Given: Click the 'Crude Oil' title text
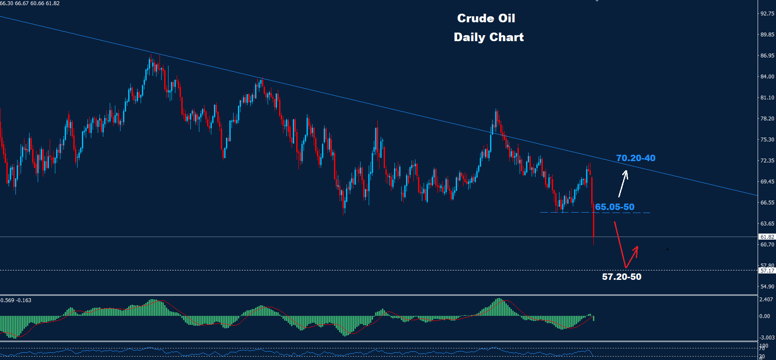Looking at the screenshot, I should click(x=486, y=18).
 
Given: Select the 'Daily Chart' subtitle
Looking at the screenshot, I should click(x=489, y=37).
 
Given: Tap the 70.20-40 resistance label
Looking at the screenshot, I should click(x=635, y=158).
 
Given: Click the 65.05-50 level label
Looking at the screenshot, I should click(x=614, y=207).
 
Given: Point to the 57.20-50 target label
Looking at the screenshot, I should click(x=622, y=277).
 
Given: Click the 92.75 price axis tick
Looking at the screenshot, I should click(x=767, y=14).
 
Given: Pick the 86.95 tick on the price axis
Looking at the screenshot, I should click(x=767, y=56).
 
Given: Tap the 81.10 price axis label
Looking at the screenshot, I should click(x=767, y=98).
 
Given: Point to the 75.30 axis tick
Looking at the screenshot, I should click(x=767, y=140).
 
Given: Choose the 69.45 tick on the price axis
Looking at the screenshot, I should click(x=767, y=182).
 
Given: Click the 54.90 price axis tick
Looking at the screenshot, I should click(x=767, y=287).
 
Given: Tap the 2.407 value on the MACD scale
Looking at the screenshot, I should click(x=766, y=300).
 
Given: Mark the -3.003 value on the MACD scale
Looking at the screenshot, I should click(x=766, y=338).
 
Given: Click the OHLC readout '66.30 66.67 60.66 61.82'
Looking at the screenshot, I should click(x=30, y=3).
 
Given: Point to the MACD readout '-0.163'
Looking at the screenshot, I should click(x=24, y=300).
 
